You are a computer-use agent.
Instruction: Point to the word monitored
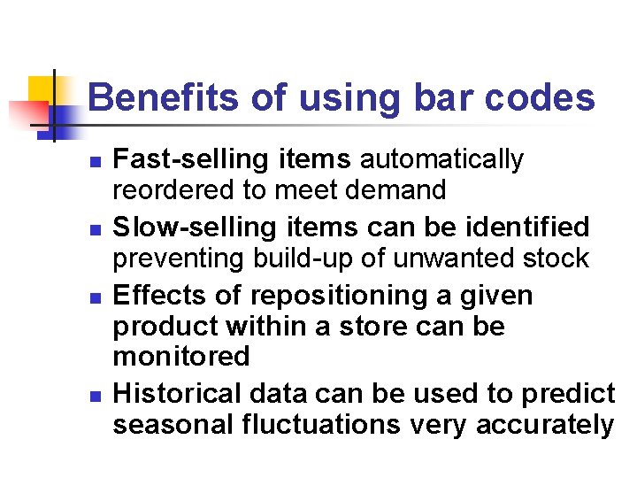click(181, 357)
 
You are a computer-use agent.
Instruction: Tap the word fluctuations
click(320, 425)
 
